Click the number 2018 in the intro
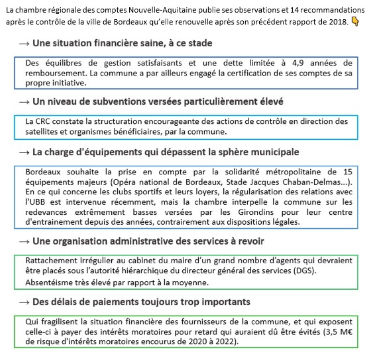pos(337,22)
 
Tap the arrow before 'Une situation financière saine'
pos(24,44)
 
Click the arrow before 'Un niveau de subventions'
pos(24,102)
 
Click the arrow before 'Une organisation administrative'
pos(24,241)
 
